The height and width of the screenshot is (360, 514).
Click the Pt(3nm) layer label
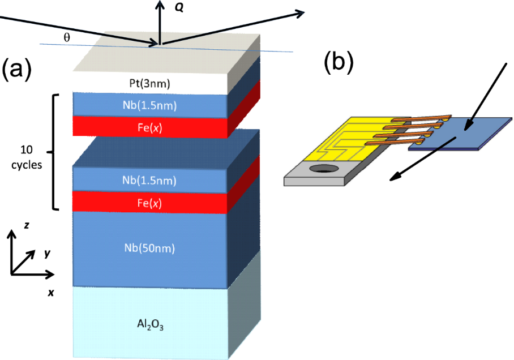[149, 84]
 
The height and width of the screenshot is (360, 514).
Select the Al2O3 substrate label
[149, 325]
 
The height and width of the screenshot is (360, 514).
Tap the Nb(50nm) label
[150, 247]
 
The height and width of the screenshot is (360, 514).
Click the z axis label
[26, 225]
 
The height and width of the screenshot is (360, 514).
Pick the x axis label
[50, 293]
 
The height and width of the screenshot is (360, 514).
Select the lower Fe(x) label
[149, 200]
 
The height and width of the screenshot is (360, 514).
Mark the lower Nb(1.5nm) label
[149, 181]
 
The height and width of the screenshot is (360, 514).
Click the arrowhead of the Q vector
[161, 4]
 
